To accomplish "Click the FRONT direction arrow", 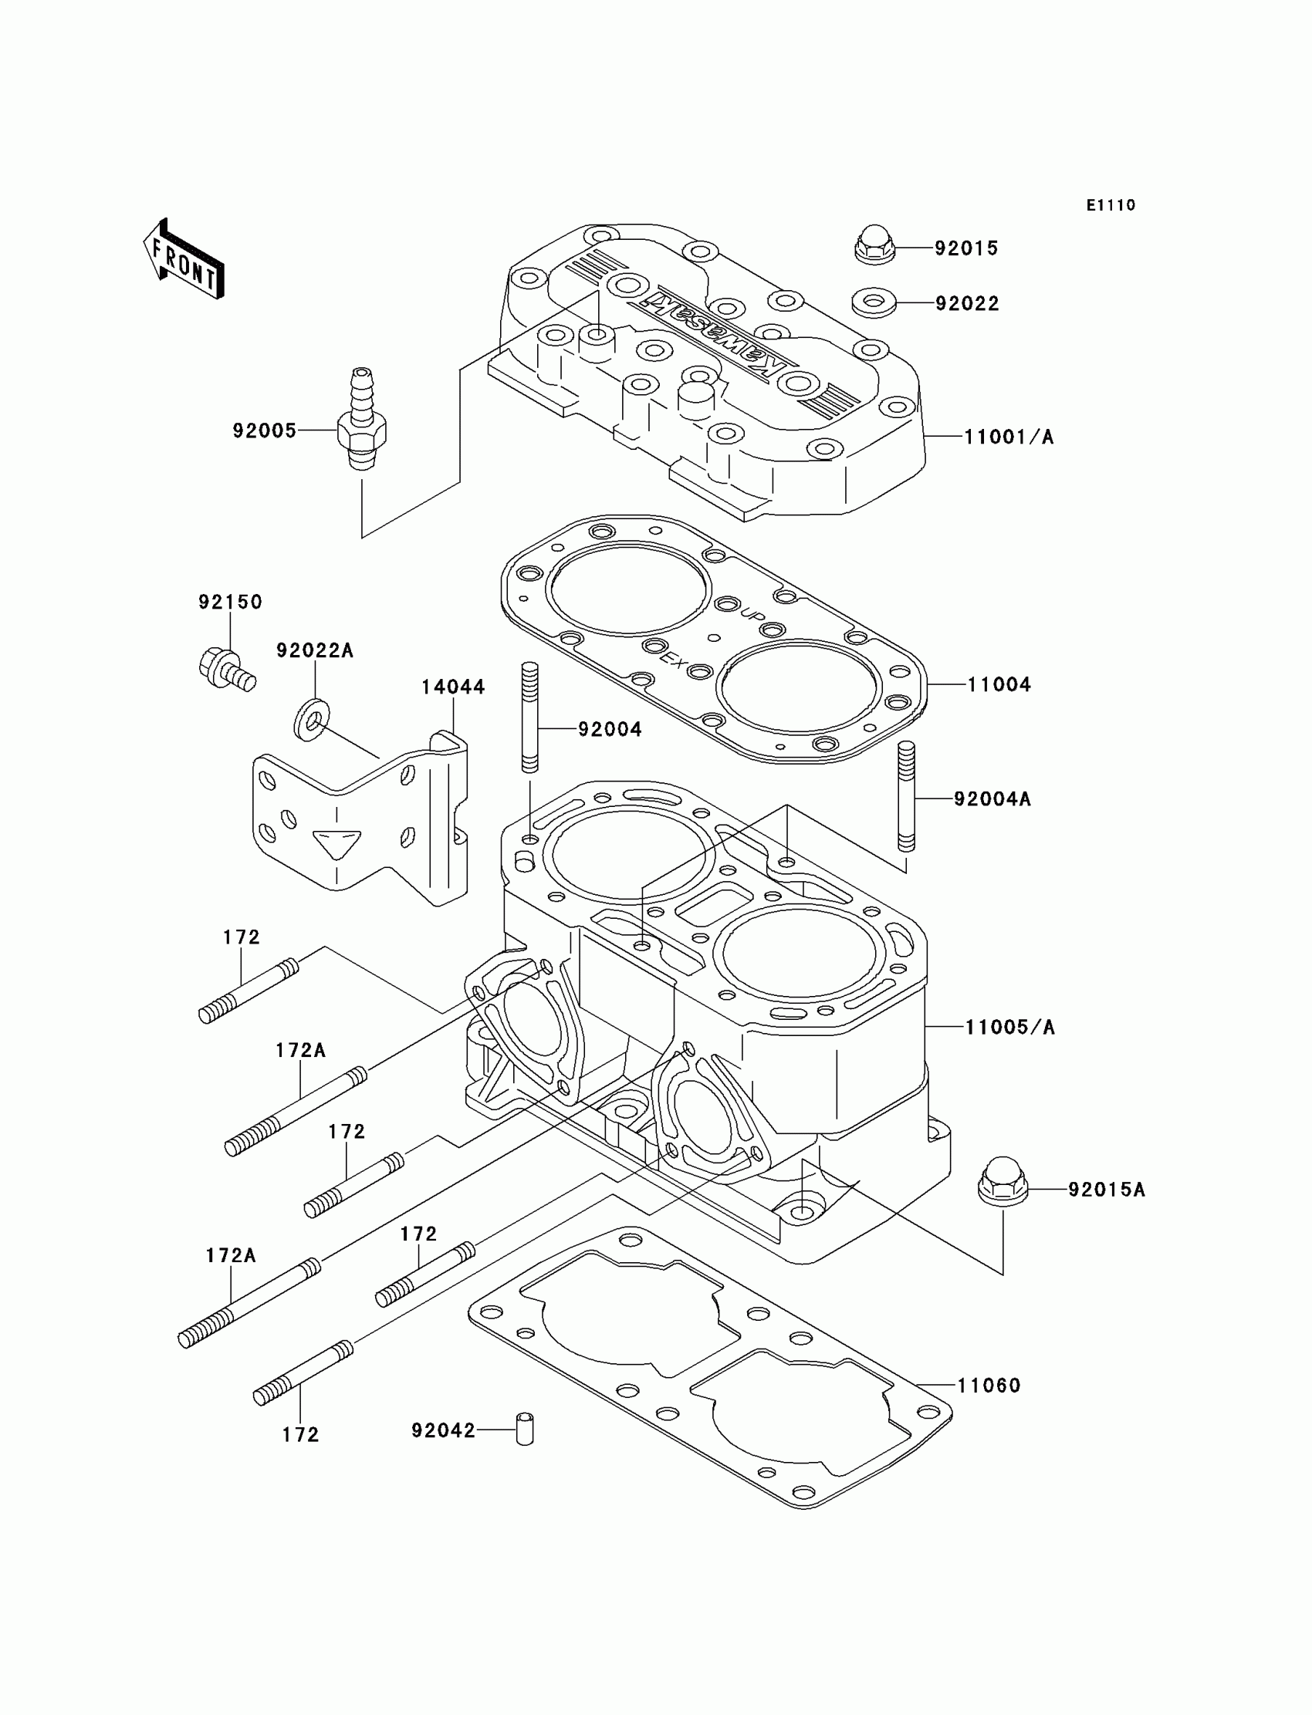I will [x=184, y=260].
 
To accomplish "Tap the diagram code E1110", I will [x=1111, y=205].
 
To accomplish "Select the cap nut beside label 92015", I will [x=874, y=245].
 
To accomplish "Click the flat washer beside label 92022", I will [x=874, y=302].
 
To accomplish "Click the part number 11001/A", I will [x=1009, y=437].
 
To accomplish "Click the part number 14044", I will [x=453, y=687].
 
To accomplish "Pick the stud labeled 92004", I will [x=529, y=717].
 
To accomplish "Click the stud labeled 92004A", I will [x=906, y=796].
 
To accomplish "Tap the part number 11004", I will [x=999, y=684].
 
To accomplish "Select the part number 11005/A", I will [x=1009, y=1028].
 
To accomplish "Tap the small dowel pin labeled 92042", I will [x=525, y=1430].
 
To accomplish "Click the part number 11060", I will [x=989, y=1386].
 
